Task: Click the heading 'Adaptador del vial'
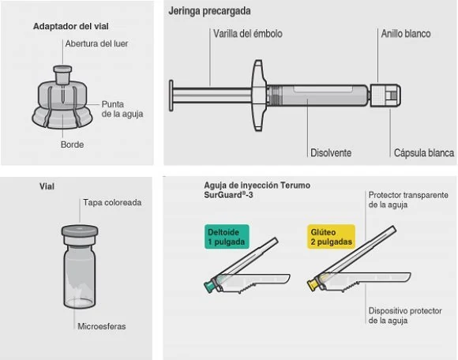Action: point(71,26)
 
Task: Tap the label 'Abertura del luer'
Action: point(96,43)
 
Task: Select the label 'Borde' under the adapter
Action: point(72,144)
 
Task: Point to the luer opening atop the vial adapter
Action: point(62,69)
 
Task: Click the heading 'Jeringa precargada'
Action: point(209,11)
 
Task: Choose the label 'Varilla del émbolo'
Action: point(248,34)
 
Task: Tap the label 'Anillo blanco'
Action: point(406,34)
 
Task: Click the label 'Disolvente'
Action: point(331,152)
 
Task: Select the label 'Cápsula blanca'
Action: point(424,152)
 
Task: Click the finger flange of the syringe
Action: point(258,96)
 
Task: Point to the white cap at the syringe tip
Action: point(385,96)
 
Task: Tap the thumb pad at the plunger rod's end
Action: point(171,96)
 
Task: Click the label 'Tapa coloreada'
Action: point(112,202)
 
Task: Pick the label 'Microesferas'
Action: point(102,326)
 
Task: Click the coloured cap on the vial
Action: point(80,231)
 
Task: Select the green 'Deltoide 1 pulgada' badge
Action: point(227,237)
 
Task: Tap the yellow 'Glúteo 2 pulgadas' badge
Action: point(331,237)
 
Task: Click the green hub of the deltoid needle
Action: point(209,287)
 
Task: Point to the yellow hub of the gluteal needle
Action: point(312,284)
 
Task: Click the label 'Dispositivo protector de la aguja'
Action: point(405,316)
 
